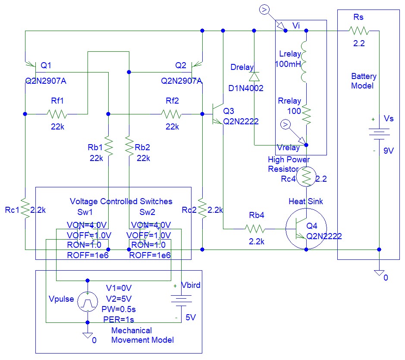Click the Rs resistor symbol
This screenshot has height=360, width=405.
pyautogui.click(x=358, y=31)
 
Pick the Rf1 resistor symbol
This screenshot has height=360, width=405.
pyautogui.click(x=57, y=114)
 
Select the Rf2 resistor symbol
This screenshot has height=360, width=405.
pyautogui.click(x=172, y=114)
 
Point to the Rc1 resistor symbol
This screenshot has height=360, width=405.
pyautogui.click(x=25, y=210)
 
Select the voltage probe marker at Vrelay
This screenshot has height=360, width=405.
pyautogui.click(x=285, y=125)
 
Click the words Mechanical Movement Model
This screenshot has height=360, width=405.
pyautogui.click(x=142, y=335)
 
